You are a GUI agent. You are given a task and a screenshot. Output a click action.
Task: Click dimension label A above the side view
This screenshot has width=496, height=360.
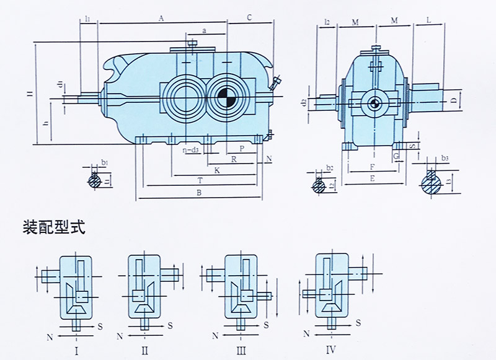161,19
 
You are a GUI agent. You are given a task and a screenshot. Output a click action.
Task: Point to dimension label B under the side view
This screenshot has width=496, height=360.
198,193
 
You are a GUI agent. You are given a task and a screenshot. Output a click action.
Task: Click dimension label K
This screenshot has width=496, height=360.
216,169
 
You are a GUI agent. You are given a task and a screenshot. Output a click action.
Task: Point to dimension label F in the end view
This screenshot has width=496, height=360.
371,167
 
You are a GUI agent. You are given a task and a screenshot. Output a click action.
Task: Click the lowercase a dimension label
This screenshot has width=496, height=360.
204,30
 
